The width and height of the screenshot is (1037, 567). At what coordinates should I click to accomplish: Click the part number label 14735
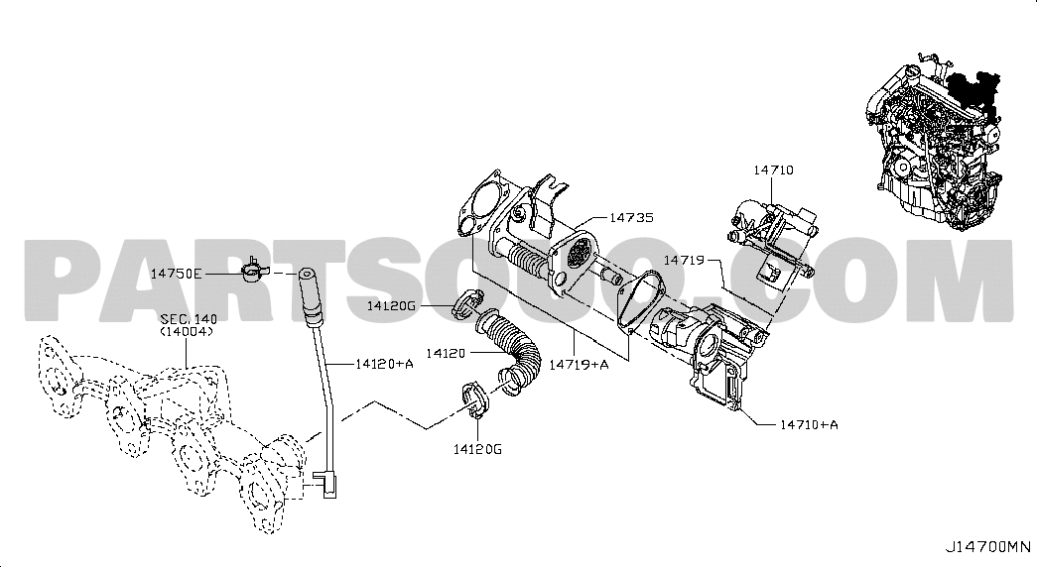pos(631,217)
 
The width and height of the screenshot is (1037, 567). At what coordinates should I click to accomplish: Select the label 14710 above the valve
pos(773,170)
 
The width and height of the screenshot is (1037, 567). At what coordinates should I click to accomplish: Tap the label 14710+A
pos(809,424)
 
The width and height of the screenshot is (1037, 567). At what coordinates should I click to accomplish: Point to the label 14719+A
pos(580,364)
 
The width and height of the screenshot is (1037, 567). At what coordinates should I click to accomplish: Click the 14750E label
pos(177,274)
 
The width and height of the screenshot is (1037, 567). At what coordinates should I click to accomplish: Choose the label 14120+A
pos(384,363)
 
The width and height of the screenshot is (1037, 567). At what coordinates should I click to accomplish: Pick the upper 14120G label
pos(392,305)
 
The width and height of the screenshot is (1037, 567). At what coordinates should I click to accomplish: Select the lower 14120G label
pos(477,449)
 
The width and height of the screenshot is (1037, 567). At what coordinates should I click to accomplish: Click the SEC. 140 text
pos(189,320)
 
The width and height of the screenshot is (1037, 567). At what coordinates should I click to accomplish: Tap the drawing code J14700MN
pos(987,547)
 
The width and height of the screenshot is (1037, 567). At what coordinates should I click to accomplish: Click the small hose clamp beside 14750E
pos(252,270)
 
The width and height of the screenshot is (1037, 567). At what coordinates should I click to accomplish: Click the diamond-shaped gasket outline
pos(640,300)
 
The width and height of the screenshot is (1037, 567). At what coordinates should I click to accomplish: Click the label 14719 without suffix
pos(684,261)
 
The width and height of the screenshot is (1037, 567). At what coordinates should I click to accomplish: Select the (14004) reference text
pos(187,332)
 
